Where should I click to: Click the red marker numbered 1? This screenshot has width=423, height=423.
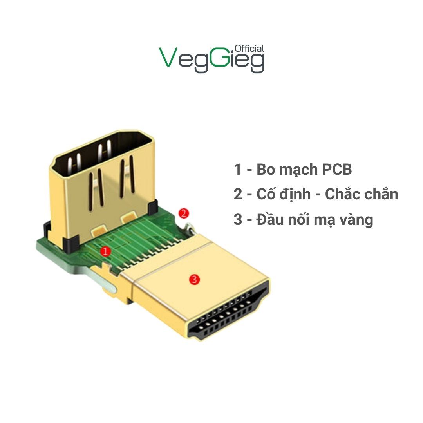pos(105,251)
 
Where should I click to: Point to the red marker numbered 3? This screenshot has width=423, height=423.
pos(194,279)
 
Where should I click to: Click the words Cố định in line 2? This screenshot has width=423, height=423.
pos(284,194)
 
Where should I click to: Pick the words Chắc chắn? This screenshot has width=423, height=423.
pos(362,194)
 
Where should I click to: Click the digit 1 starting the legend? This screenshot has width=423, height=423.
pos(237,170)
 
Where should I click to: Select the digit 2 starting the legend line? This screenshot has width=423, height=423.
pos(238,195)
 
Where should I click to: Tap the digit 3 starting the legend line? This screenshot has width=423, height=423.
pos(238,220)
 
